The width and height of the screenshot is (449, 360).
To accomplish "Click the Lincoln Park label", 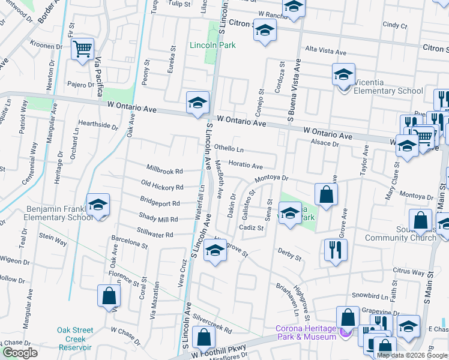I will pyautogui.click(x=212, y=45).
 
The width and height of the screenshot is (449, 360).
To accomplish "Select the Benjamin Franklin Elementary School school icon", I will pyautogui.click(x=98, y=205).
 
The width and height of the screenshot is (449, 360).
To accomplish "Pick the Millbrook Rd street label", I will pyautogui.click(x=164, y=171).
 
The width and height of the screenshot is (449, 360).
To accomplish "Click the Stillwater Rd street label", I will pyautogui.click(x=155, y=235).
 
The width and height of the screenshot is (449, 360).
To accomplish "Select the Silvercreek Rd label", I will pyautogui.click(x=212, y=326).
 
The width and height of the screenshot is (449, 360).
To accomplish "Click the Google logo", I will pyautogui.click(x=20, y=353).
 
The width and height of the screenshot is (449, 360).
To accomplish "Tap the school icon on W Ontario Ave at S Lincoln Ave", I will pyautogui.click(x=197, y=102).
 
